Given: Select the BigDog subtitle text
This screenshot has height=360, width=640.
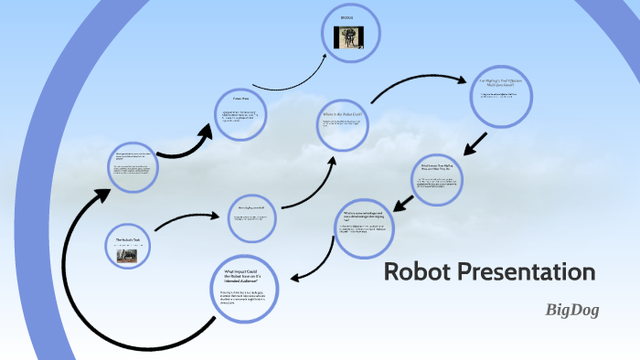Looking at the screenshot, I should click(x=572, y=310).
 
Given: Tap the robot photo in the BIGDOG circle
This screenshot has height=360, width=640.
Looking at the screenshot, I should click(x=347, y=37).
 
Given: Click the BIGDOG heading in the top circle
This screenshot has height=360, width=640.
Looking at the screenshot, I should click(x=347, y=17).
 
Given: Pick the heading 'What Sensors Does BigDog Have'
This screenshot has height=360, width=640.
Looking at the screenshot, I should click(x=437, y=168).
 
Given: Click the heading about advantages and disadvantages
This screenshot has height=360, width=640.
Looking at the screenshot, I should click(x=363, y=216).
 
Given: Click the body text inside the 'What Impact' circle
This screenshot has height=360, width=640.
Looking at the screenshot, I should click(x=243, y=297).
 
